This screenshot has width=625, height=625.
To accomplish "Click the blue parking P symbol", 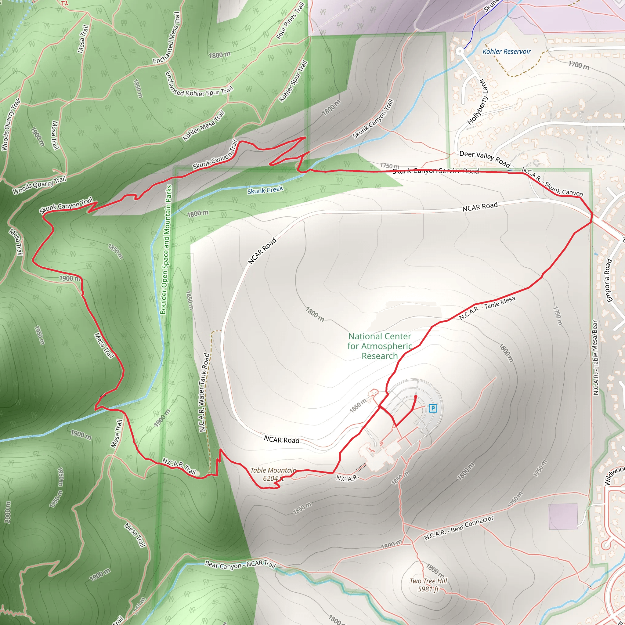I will coord(433,408).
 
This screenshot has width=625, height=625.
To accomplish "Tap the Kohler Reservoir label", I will coord(507,52).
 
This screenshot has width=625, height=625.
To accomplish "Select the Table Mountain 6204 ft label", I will coord(273,474).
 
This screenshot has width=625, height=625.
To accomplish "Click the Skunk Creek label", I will coord(265,190).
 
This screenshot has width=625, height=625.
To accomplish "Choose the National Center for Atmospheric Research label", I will coord(380,346).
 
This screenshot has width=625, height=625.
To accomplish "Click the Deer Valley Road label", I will coord(485,158).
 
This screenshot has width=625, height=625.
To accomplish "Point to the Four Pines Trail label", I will coord(290,21).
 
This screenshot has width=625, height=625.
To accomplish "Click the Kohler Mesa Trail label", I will coord(204,126).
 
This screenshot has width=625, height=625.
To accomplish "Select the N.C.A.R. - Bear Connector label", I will coord(459,528).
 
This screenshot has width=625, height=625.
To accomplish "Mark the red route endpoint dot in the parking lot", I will coord(416,397).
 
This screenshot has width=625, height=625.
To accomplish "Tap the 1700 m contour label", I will coord(579,66).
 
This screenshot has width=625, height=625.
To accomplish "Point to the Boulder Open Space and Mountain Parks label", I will coord(167,249).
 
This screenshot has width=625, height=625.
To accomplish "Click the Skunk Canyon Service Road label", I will coord(435,171).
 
